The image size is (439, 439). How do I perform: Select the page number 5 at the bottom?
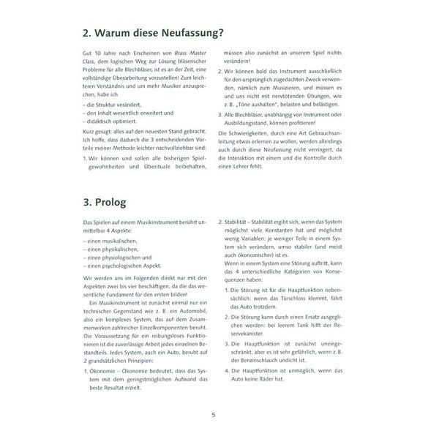(213, 415)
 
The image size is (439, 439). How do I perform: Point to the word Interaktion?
(262, 157)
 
